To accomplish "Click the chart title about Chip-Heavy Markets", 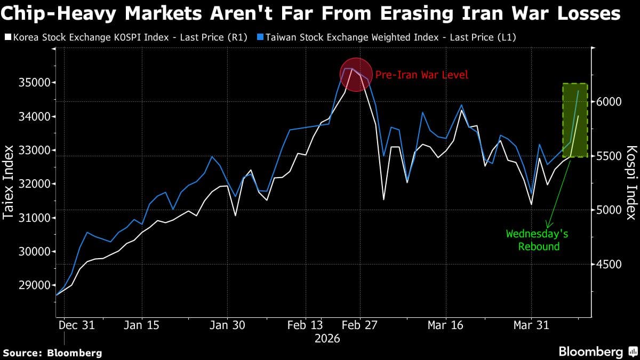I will click(x=311, y=13).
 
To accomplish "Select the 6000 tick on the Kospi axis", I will click(x=608, y=101).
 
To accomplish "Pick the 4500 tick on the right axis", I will click(x=608, y=265).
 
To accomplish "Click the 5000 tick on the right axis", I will click(x=608, y=210).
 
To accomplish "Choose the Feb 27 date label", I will click(x=359, y=325).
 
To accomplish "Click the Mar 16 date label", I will click(x=445, y=325).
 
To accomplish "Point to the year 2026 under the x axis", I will click(x=327, y=338).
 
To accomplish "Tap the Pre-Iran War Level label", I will click(x=421, y=75).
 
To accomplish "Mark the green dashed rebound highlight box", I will click(x=575, y=120).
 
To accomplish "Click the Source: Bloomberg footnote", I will click(x=52, y=353).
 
